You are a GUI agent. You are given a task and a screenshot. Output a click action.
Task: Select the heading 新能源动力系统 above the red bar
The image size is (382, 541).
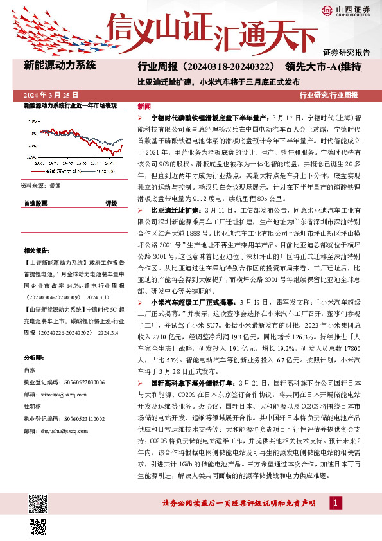(59, 65)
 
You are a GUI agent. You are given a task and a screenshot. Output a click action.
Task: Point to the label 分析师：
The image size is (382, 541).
(35, 357)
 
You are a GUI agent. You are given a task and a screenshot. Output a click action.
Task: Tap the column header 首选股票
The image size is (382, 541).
(35, 202)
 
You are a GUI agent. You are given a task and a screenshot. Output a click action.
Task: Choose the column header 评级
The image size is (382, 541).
(110, 202)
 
